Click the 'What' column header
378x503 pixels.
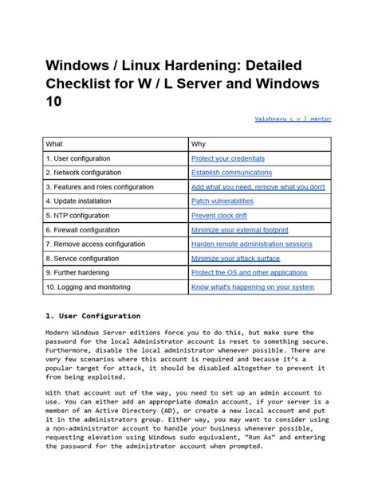click(x=54, y=144)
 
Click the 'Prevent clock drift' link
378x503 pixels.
click(x=219, y=216)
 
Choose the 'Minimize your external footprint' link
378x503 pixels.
click(x=240, y=230)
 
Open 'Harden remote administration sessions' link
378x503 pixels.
click(x=251, y=244)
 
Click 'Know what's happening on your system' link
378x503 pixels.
click(x=252, y=287)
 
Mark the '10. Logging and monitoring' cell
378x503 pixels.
click(x=88, y=287)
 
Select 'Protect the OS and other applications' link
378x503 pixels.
click(x=250, y=273)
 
